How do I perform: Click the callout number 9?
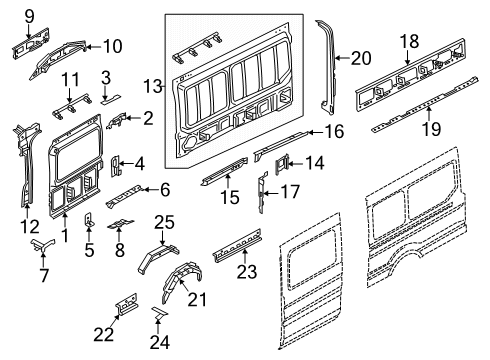[29, 14]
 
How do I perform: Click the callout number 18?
[410, 41]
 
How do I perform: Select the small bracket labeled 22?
[125, 303]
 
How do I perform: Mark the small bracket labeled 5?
[89, 222]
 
